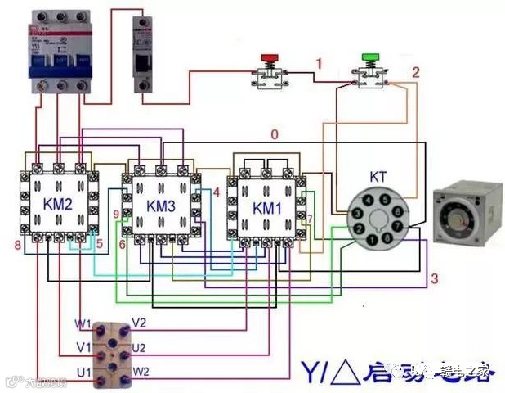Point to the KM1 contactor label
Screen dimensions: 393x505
(267, 208)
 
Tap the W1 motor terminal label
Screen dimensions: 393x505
(84, 323)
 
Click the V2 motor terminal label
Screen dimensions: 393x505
(139, 322)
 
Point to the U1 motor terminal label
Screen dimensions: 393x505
(84, 373)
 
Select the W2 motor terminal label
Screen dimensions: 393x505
(141, 372)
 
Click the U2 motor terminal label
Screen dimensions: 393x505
(138, 347)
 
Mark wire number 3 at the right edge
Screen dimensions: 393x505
(434, 279)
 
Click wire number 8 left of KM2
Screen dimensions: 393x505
(16, 245)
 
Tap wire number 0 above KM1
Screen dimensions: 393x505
(275, 134)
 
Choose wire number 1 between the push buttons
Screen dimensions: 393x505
(319, 63)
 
